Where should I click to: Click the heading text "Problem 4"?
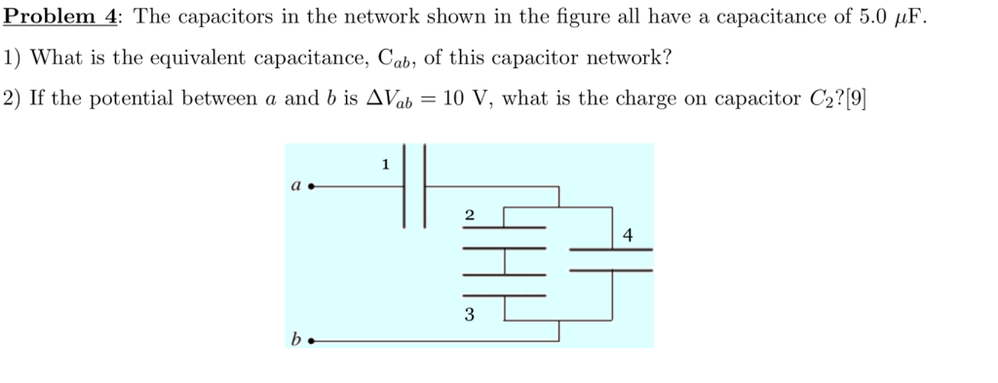pyautogui.click(x=60, y=17)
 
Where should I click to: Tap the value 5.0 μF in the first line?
pyautogui.click(x=882, y=17)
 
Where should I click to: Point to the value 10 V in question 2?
pyautogui.click(x=465, y=98)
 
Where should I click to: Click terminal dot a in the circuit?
pyautogui.click(x=311, y=185)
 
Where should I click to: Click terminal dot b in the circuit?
pyautogui.click(x=311, y=341)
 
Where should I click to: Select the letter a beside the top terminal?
pyautogui.click(x=294, y=183)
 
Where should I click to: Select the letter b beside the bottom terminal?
pyautogui.click(x=295, y=339)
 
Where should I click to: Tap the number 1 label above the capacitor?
pyautogui.click(x=386, y=165)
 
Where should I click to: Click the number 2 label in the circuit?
pyautogui.click(x=470, y=214)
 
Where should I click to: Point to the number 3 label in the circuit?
pyautogui.click(x=470, y=315)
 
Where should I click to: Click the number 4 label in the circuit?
pyautogui.click(x=627, y=235)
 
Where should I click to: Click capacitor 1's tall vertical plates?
pyautogui.click(x=415, y=185)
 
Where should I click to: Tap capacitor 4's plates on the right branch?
pyautogui.click(x=611, y=258)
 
